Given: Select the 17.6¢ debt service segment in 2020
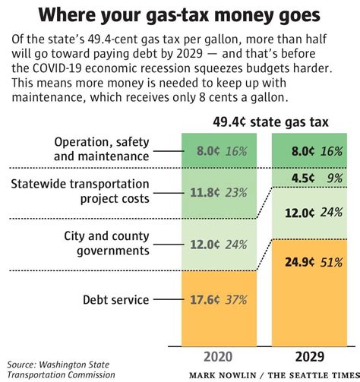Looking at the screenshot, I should [x=217, y=300].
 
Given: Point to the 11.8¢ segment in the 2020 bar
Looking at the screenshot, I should [x=217, y=191].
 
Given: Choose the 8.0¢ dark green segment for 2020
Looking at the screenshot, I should [x=217, y=150].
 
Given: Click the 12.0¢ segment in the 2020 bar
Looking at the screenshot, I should [x=217, y=245].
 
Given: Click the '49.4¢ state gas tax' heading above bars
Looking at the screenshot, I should [x=265, y=120].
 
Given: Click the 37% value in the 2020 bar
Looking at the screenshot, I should [x=235, y=300].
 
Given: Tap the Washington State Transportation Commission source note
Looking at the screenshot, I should [x=58, y=369].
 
